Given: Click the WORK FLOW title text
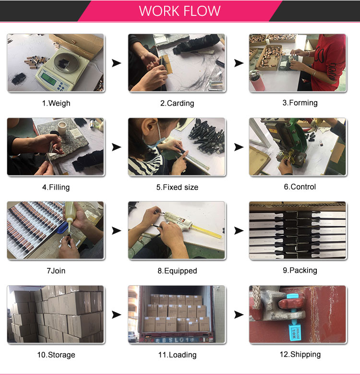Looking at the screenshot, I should pyautogui.click(x=180, y=11).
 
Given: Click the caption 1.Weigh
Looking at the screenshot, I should pyautogui.click(x=56, y=103).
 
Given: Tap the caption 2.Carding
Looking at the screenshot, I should pyautogui.click(x=177, y=103).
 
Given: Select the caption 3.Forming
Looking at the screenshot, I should pyautogui.click(x=300, y=102).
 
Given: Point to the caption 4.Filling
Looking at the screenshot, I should pyautogui.click(x=56, y=187).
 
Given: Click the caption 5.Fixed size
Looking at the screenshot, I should pyautogui.click(x=177, y=187).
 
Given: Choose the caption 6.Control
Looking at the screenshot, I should pyautogui.click(x=300, y=187).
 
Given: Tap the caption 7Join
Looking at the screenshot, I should pyautogui.click(x=56, y=271).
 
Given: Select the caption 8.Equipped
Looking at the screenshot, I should pyautogui.click(x=177, y=271).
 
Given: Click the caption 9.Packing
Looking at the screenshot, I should pyautogui.click(x=300, y=270).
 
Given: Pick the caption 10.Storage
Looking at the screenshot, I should pyautogui.click(x=56, y=355).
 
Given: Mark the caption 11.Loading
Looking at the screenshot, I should pyautogui.click(x=177, y=355).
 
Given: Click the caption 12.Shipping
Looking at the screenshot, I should pyautogui.click(x=300, y=354).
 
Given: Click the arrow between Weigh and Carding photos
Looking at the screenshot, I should pyautogui.click(x=116, y=63).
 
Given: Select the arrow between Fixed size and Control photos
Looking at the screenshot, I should pyautogui.click(x=238, y=147).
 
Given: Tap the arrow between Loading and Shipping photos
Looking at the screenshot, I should pyautogui.click(x=238, y=315).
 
